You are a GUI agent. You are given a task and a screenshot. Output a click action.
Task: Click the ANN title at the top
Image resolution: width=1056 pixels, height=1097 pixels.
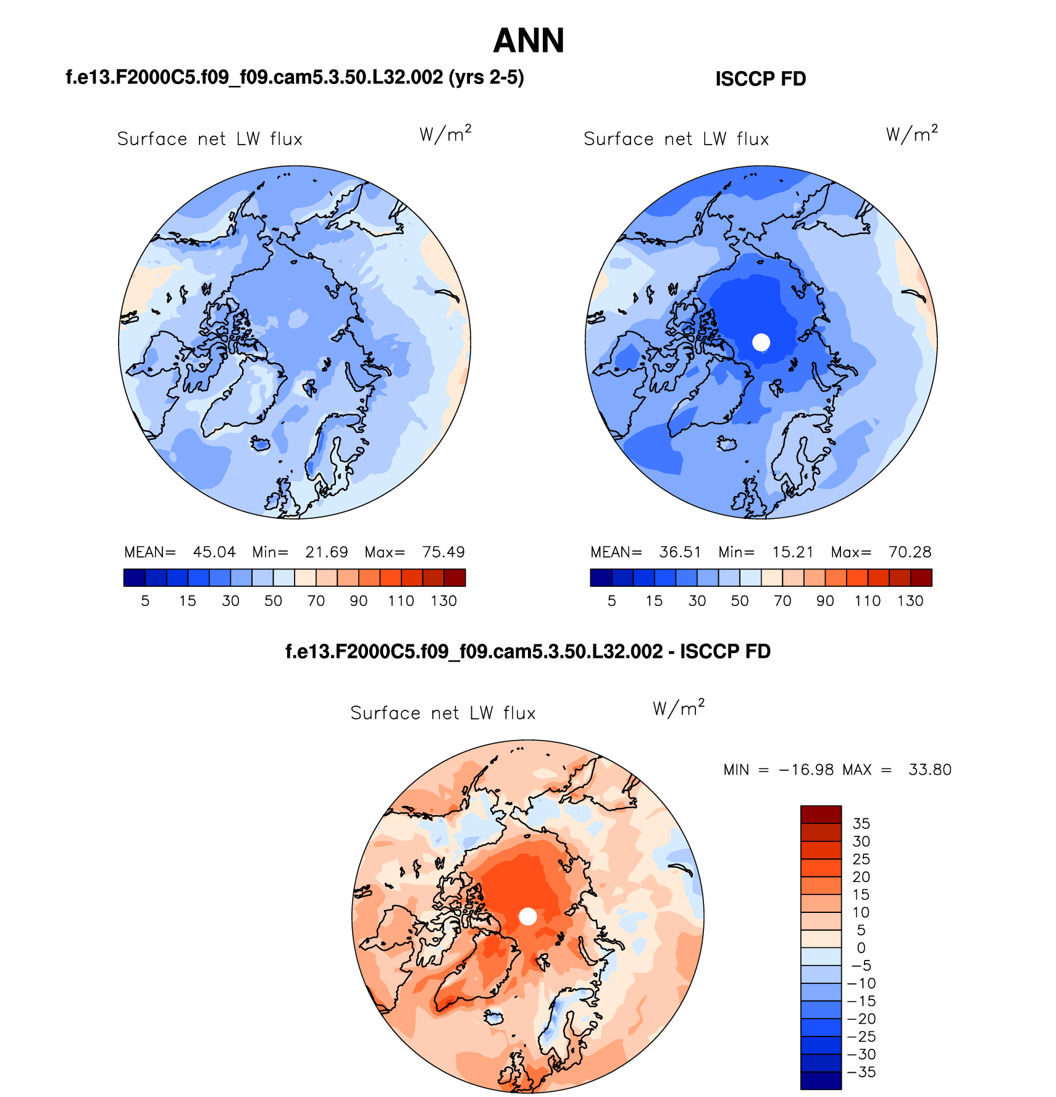coord(529,41)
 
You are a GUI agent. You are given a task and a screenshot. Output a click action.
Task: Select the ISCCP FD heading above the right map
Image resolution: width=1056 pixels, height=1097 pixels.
coord(760,79)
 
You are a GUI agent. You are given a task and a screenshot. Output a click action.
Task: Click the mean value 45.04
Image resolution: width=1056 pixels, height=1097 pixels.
coord(214,552)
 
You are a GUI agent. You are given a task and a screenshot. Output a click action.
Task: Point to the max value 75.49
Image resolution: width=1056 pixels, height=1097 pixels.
coord(443,552)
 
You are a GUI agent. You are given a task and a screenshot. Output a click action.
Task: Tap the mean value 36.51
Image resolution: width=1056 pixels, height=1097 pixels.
coord(680,552)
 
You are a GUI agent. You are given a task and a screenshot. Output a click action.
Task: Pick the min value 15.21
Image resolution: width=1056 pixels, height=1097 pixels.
coord(793,552)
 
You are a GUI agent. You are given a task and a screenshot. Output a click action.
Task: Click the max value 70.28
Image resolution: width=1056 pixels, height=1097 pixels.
coord(910,552)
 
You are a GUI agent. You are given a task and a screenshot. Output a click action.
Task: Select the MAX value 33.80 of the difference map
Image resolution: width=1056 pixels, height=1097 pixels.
coord(929,770)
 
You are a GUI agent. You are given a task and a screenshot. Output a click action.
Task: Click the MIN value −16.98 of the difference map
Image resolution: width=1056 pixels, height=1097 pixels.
coord(807,770)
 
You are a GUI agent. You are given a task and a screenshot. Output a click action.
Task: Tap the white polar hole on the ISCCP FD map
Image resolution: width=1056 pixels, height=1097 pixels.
coord(761,342)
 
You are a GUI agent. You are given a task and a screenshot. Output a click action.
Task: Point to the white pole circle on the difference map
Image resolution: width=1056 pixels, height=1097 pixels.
coord(527,917)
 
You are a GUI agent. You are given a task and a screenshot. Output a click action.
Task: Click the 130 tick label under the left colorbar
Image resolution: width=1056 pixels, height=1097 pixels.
coord(443,601)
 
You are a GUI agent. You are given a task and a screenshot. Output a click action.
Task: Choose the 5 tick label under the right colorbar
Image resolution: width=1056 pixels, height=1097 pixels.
coord(611,601)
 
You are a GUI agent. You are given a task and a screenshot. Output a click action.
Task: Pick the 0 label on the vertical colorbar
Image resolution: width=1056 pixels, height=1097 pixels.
coord(861,948)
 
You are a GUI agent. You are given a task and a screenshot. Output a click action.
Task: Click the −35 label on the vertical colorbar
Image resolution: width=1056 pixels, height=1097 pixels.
coord(861,1072)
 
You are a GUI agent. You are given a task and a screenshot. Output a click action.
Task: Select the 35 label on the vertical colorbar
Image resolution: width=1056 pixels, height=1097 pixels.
coord(861,823)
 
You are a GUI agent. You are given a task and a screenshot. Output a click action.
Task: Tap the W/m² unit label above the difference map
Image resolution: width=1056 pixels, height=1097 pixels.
coord(678,708)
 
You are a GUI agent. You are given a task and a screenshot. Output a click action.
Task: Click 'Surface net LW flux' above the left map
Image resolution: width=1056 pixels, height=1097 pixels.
coord(210,139)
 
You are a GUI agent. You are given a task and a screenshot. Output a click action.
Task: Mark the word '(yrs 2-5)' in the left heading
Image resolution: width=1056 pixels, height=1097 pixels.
coord(487,77)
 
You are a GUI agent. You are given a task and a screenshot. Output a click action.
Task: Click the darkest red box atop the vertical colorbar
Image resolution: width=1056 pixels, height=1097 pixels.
coord(821,814)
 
